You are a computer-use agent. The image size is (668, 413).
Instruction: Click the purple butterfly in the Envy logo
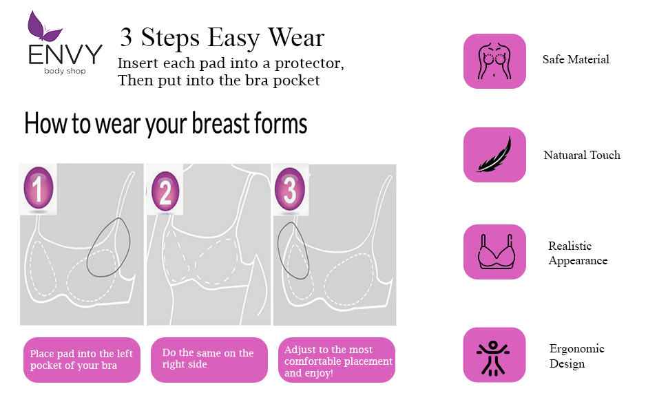coord(43,28)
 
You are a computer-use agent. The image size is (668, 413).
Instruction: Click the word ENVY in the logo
coord(65,55)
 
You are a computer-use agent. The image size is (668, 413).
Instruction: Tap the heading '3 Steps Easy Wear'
coord(222,37)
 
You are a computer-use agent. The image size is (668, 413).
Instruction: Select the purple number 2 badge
coord(165,191)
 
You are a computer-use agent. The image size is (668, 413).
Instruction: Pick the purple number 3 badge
coord(290,189)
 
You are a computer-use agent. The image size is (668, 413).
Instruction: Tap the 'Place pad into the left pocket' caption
coord(82,359)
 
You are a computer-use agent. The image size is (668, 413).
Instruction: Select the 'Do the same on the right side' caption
coord(209,359)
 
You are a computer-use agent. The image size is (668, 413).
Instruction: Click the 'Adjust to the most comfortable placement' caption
coord(337,361)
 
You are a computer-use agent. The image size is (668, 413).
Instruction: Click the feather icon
coord(494,155)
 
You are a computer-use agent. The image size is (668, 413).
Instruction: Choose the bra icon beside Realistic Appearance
coord(494,252)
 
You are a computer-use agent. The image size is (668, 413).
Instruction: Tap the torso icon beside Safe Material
coord(494,61)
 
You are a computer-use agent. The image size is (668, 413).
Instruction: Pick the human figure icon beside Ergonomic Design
coord(494,354)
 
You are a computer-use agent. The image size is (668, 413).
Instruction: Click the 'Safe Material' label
coord(576,60)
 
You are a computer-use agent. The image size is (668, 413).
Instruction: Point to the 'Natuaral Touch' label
coord(582,156)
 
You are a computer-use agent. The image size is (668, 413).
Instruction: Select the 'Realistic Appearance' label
coord(577,253)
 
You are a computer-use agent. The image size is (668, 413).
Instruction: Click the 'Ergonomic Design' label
coord(576,356)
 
